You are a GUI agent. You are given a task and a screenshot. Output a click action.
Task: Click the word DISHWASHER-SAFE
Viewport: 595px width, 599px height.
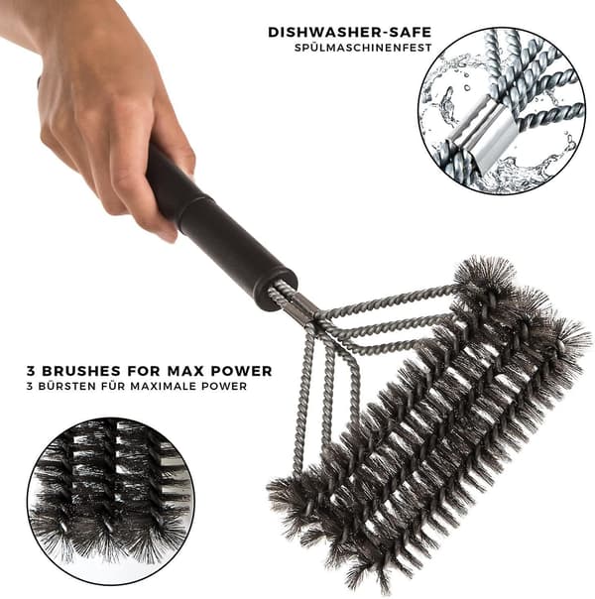[349, 33]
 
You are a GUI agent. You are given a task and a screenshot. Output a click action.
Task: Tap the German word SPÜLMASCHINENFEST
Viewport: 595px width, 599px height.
[363, 49]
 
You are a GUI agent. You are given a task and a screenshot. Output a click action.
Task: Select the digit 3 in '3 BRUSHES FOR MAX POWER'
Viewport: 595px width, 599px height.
[30, 371]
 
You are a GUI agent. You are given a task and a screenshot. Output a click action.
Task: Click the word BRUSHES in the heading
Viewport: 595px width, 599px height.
[81, 371]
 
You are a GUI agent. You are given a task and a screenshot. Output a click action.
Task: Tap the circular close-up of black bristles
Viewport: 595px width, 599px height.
[111, 501]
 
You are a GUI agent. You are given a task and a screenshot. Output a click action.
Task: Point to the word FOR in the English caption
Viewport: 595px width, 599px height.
[144, 371]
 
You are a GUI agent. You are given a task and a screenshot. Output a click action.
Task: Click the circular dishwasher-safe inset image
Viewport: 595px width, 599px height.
[502, 111]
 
